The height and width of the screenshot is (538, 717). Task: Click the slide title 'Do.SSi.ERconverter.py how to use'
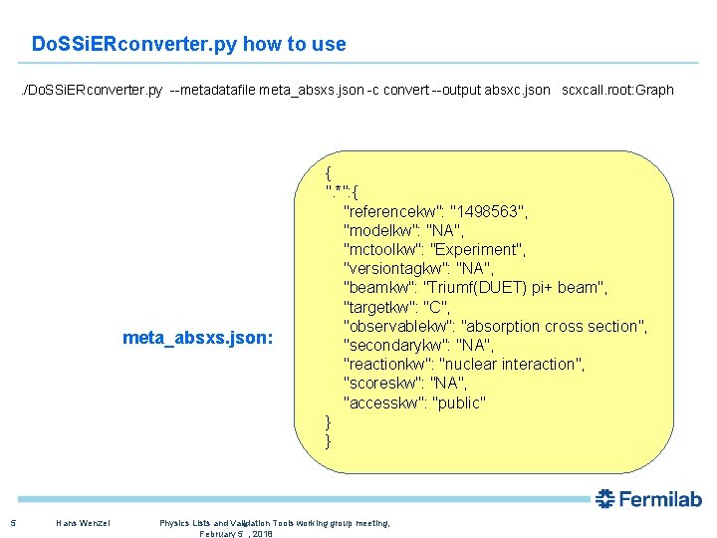pyautogui.click(x=189, y=44)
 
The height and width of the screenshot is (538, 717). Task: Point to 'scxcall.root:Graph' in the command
pyautogui.click(x=617, y=91)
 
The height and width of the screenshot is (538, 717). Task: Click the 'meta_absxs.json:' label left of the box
pyautogui.click(x=198, y=338)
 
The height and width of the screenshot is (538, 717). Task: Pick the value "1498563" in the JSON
pyautogui.click(x=489, y=211)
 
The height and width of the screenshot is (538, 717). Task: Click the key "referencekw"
pyautogui.click(x=392, y=211)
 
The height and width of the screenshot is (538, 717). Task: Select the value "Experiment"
pyautogui.click(x=481, y=249)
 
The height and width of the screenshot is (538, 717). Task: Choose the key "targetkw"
pyautogui.click(x=378, y=307)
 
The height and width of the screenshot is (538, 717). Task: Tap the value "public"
pyautogui.click(x=458, y=403)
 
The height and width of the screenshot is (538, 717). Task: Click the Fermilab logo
pyautogui.click(x=648, y=499)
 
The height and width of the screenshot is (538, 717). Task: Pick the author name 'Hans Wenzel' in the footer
pyautogui.click(x=84, y=523)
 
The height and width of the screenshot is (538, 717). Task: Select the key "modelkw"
pyautogui.click(x=376, y=230)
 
